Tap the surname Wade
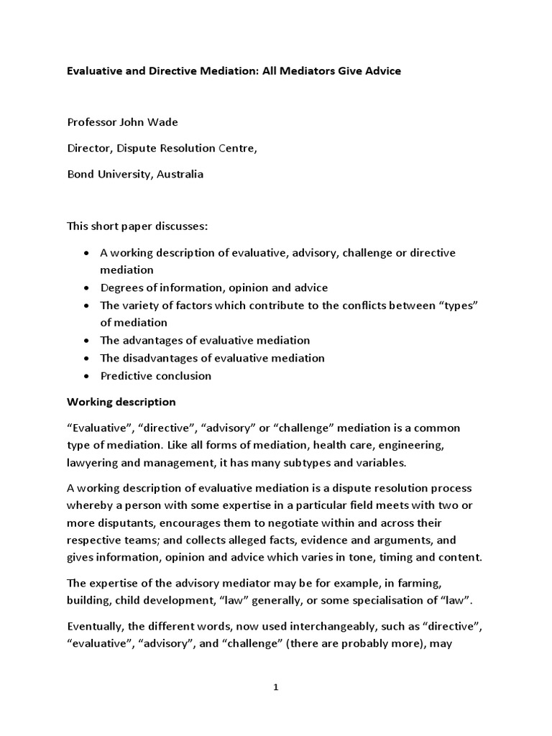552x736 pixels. [x=161, y=122]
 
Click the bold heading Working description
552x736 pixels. [x=121, y=402]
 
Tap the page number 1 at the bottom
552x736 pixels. [x=275, y=687]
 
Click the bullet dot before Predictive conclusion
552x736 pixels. [x=86, y=376]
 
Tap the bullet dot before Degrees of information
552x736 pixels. [x=86, y=288]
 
